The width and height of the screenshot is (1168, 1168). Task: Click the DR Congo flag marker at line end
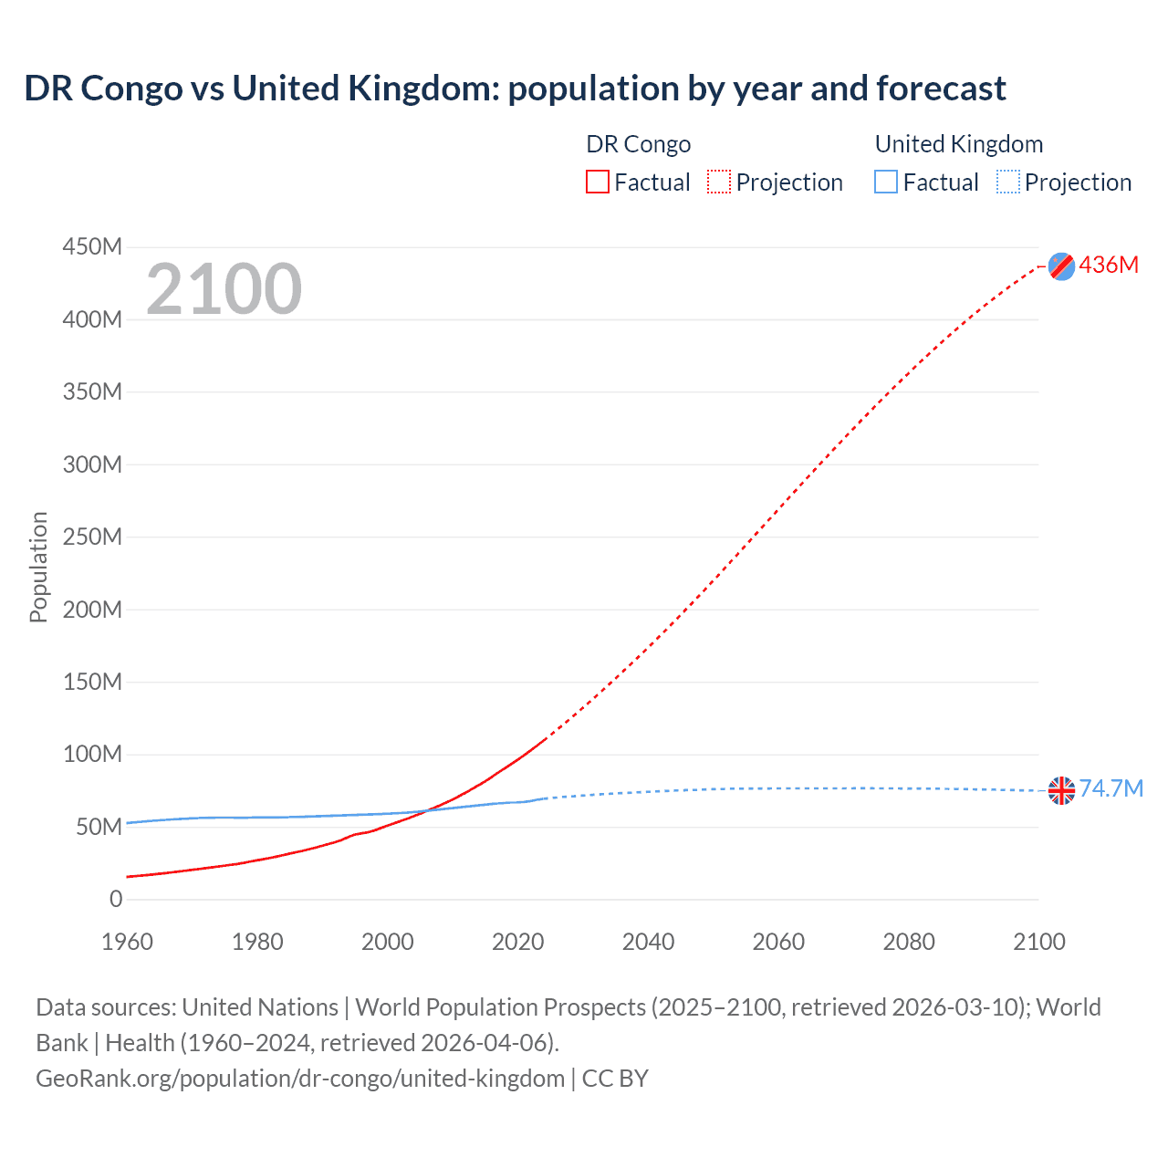click(1061, 266)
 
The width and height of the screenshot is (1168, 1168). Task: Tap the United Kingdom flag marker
click(1061, 790)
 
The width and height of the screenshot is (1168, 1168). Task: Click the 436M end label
click(1109, 265)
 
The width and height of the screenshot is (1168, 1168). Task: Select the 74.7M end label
click(1111, 788)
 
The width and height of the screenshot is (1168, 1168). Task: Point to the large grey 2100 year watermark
click(224, 289)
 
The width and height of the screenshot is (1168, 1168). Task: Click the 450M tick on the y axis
click(92, 247)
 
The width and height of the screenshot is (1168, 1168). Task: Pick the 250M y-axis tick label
click(92, 537)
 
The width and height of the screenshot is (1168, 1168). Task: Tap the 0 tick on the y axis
click(116, 899)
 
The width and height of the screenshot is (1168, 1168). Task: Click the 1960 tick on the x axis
click(127, 942)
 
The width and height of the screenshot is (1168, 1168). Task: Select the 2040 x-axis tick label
click(648, 942)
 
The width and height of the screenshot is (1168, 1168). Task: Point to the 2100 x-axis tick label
click(1038, 942)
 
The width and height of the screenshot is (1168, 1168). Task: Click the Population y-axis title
click(38, 567)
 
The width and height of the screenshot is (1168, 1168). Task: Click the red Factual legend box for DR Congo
click(598, 182)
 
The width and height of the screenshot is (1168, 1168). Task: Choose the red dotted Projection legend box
click(719, 182)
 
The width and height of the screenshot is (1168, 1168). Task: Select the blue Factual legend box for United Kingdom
click(886, 182)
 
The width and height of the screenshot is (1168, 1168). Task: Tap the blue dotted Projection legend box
click(1008, 182)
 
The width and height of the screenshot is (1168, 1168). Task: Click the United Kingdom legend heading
click(958, 144)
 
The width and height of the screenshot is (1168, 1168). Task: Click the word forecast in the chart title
click(941, 89)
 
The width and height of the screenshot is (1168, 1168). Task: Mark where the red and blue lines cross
click(425, 810)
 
